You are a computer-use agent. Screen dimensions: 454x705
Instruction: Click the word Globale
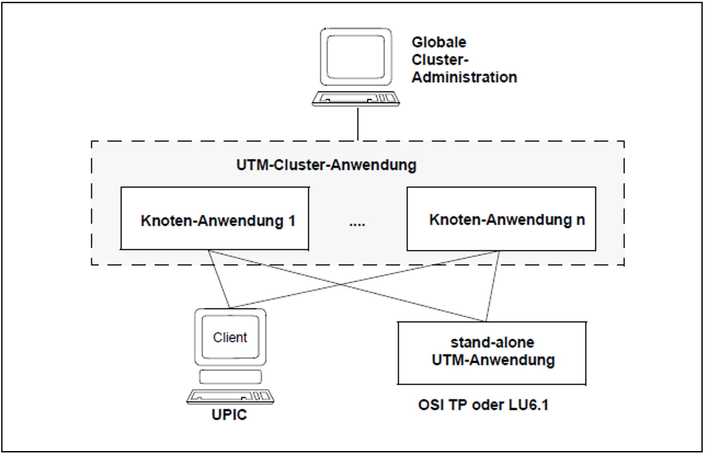(439, 42)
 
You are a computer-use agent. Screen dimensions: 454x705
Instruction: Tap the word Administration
(464, 77)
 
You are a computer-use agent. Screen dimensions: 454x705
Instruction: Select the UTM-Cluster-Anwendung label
(326, 165)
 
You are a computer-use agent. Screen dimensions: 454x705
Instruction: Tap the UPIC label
(229, 415)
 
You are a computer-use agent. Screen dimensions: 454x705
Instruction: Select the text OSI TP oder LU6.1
(483, 405)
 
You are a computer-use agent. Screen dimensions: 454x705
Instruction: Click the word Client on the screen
(230, 337)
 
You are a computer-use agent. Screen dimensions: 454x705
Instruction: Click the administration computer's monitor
(356, 57)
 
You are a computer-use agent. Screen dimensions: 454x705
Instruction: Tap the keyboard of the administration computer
(355, 99)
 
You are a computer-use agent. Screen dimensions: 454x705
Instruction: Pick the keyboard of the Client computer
(230, 396)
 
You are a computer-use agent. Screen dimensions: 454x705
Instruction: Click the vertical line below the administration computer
(358, 124)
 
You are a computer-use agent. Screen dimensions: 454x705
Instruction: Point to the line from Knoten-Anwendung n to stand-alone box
(493, 286)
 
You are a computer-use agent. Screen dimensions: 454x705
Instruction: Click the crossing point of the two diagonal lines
(341, 284)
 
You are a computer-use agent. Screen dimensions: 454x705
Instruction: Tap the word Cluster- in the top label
(440, 60)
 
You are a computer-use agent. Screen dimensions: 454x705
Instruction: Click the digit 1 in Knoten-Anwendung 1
(292, 221)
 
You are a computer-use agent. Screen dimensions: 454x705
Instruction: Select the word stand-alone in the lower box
(492, 343)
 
